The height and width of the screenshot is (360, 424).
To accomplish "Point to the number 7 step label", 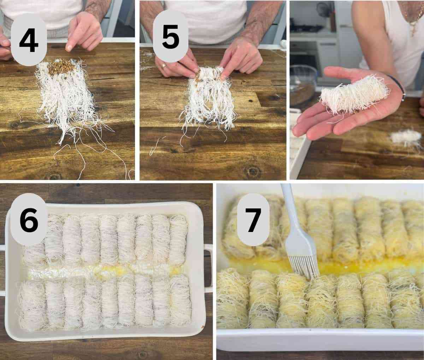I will (x=254, y=220).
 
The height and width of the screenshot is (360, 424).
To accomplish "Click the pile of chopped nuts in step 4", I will (x=61, y=67).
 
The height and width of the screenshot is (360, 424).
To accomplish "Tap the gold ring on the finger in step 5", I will (x=163, y=65).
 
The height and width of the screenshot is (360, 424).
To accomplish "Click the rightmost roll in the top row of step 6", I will (x=179, y=239).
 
